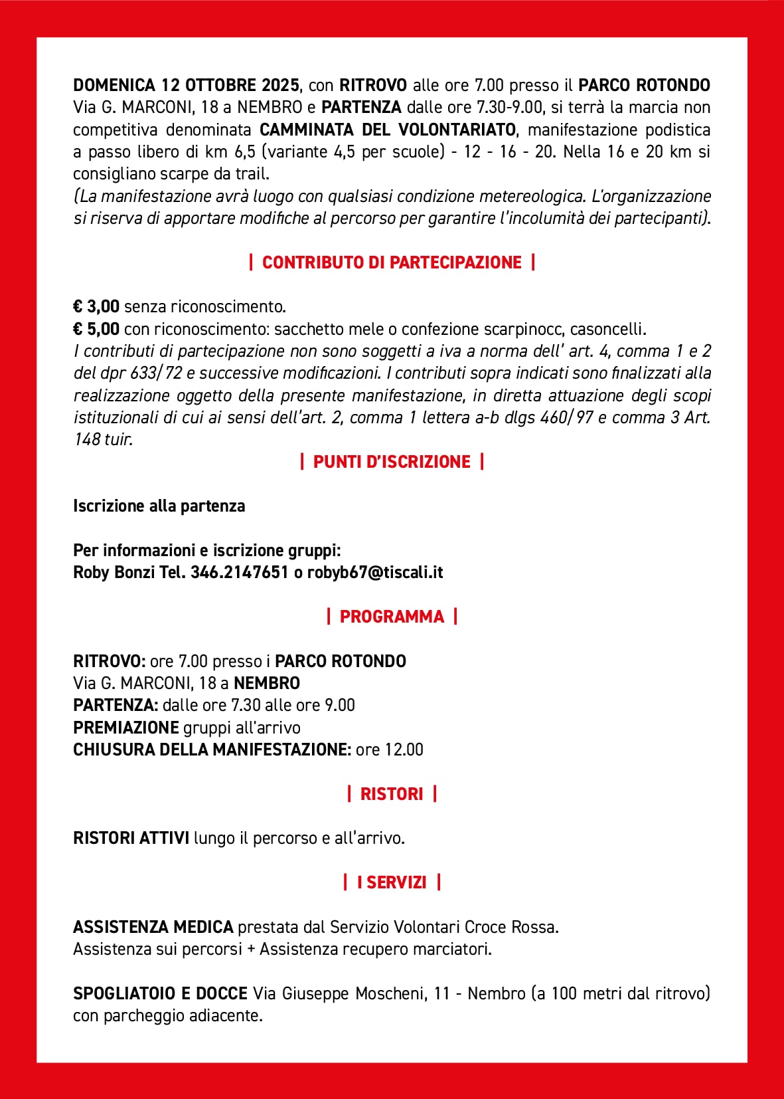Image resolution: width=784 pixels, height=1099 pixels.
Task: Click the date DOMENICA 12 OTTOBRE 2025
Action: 186,85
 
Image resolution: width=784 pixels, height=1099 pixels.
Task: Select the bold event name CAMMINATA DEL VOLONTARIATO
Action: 387,130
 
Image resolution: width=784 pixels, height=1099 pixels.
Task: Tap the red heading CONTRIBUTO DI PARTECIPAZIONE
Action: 392,262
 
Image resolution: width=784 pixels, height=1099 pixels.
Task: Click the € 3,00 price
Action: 96,306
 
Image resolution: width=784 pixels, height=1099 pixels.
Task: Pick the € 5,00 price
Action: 96,329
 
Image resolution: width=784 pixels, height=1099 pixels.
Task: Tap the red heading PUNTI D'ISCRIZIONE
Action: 392,462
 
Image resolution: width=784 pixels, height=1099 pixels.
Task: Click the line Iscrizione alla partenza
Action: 159,506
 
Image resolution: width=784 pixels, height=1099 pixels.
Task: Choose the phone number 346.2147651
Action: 239,573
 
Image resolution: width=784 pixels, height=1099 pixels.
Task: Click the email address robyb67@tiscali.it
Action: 375,573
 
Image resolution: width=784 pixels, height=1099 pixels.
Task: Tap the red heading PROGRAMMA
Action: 392,617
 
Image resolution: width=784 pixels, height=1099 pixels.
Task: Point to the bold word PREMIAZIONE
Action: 126,728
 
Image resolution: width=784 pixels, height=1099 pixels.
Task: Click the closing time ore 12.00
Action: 390,749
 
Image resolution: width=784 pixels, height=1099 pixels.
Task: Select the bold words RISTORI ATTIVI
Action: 131,838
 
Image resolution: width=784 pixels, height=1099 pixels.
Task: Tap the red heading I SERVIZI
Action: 392,882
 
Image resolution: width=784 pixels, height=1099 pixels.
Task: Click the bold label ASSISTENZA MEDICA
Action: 153,927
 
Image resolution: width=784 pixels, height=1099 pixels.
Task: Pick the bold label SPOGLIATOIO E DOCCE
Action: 160,993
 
